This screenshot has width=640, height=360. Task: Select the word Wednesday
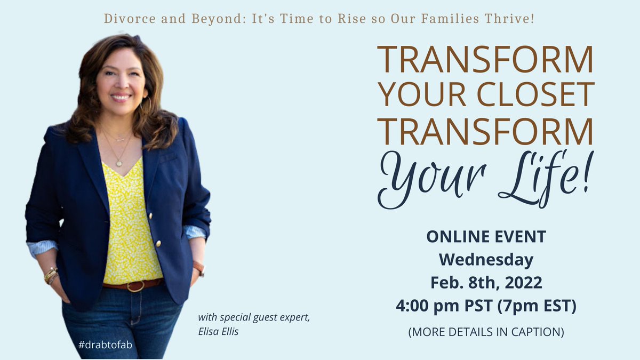486,260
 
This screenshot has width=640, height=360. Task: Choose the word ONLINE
454,237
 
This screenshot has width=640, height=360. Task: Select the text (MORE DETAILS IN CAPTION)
486,331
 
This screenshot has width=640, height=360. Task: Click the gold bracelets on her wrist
51,276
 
